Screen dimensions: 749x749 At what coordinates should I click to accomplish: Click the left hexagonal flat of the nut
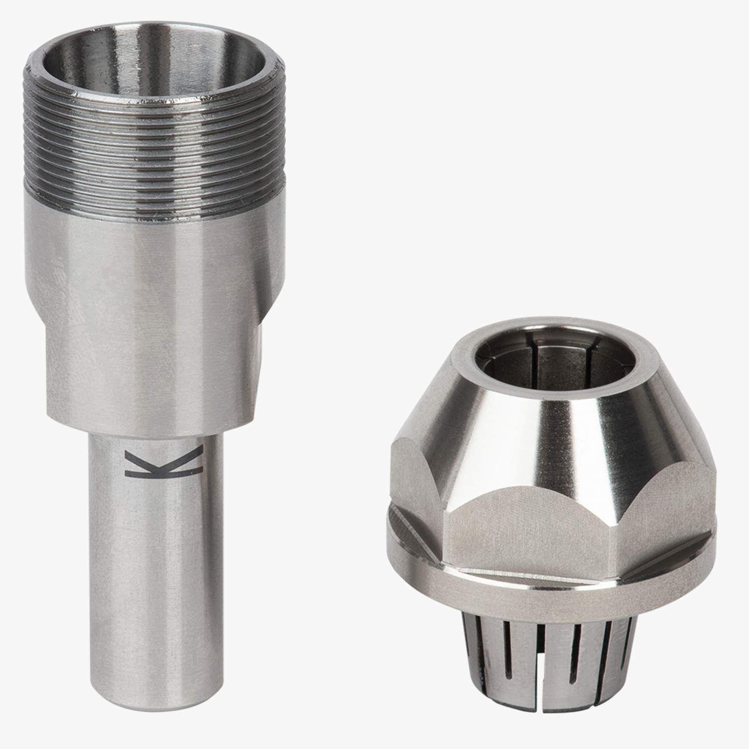[x=417, y=498]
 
